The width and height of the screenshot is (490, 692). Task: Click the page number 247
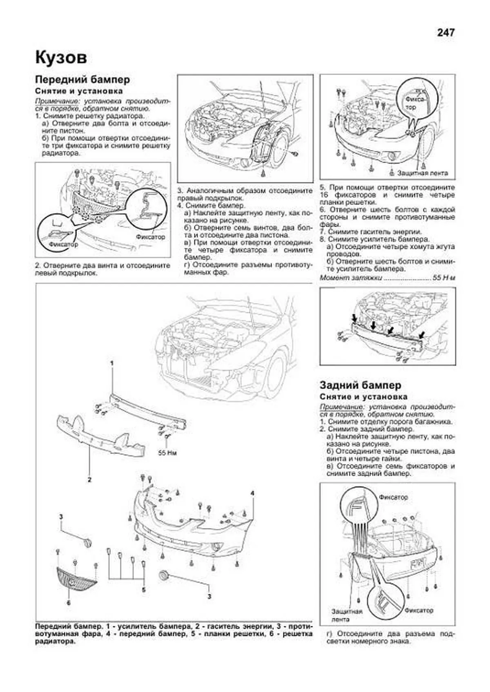click(x=445, y=33)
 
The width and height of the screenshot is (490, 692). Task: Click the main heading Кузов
click(x=61, y=57)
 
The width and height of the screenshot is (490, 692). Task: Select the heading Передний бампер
click(x=82, y=79)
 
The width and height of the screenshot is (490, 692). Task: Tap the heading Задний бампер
click(x=360, y=385)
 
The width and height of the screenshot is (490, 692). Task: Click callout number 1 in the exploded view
click(x=111, y=363)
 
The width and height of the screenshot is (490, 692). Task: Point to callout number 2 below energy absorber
click(x=89, y=480)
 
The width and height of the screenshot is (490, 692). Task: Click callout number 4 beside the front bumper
click(x=253, y=493)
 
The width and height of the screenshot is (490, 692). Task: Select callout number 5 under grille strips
click(x=143, y=590)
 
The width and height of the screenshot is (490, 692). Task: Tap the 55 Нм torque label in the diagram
click(x=167, y=453)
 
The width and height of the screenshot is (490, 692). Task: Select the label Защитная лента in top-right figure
click(x=423, y=173)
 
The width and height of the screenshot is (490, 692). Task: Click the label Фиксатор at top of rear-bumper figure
click(x=393, y=497)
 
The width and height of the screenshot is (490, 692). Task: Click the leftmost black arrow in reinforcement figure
click(x=354, y=318)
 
